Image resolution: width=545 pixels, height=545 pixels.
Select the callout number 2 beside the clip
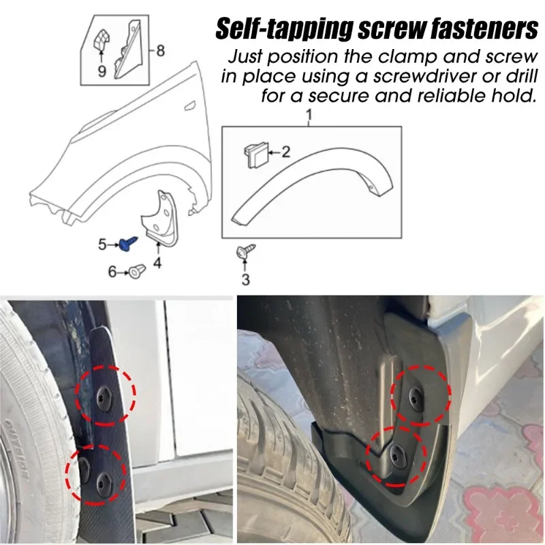tap(285, 152)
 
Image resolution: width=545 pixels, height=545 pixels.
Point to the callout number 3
tap(245, 279)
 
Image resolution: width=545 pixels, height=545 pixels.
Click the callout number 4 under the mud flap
tap(157, 263)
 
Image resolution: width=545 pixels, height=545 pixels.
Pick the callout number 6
tap(112, 272)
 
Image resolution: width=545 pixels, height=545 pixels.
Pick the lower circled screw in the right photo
tap(395, 453)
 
